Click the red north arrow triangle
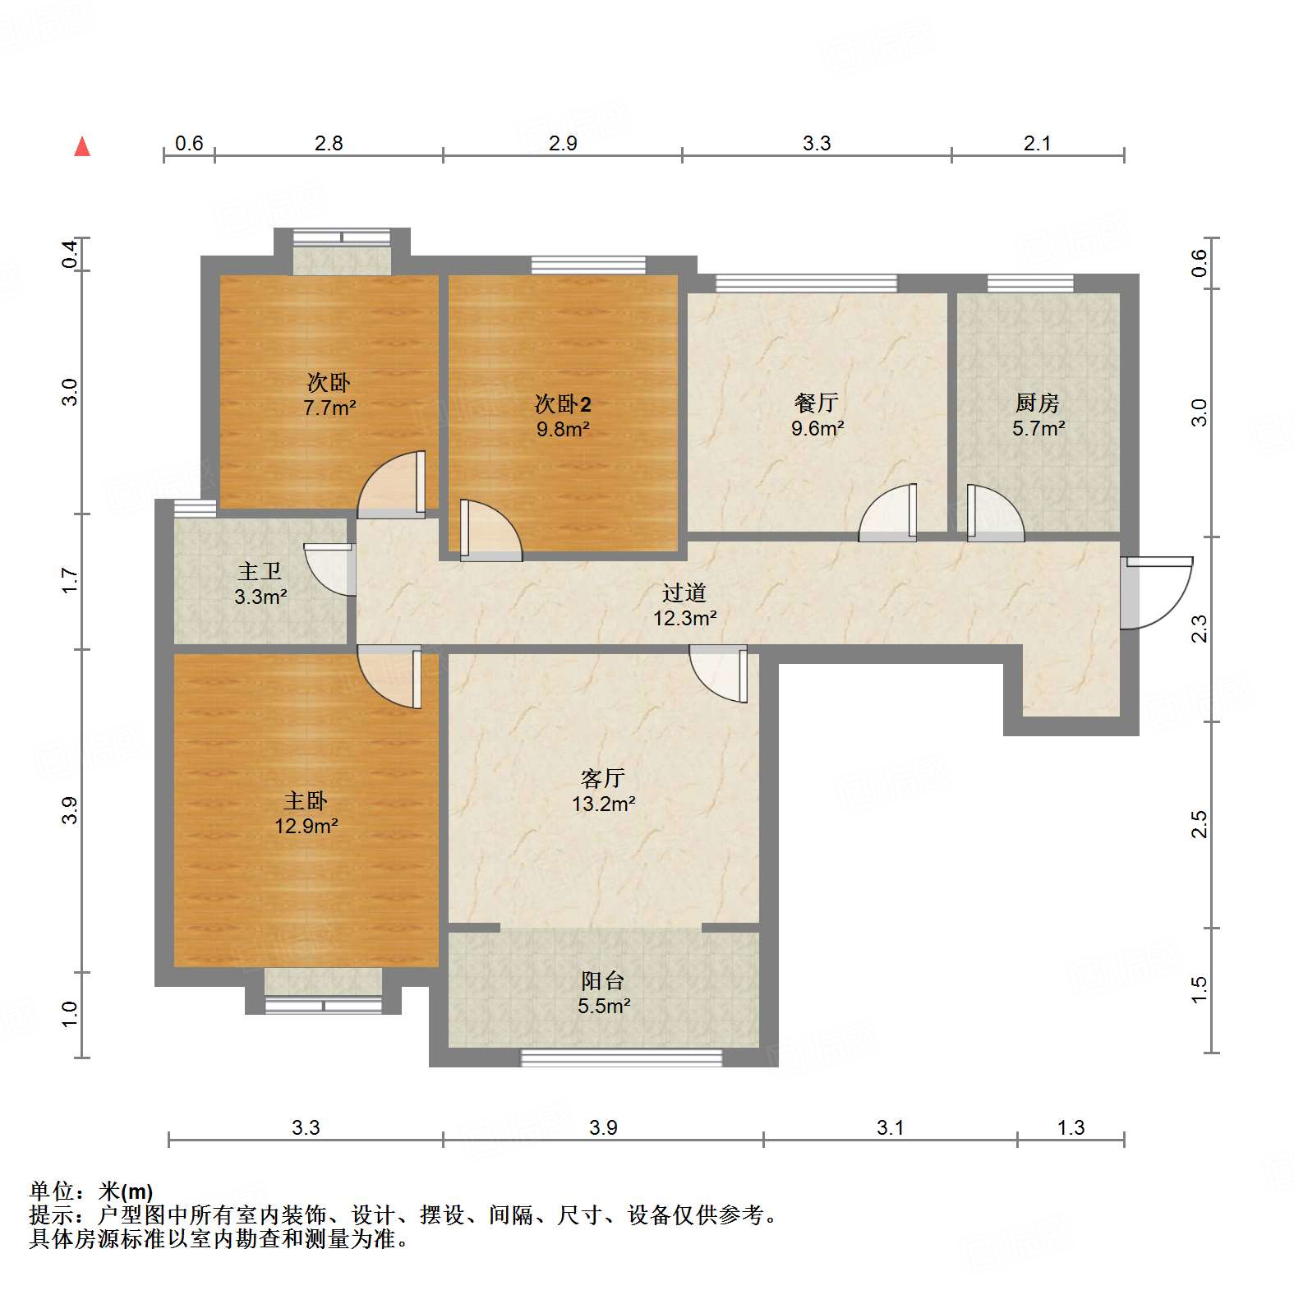(x=82, y=147)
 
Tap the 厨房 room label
(x=1037, y=403)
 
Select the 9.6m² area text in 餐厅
(x=817, y=428)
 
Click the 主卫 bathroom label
(x=260, y=571)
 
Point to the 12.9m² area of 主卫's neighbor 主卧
(x=306, y=826)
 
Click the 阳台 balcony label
(x=602, y=980)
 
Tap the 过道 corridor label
(x=684, y=592)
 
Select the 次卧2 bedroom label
(x=563, y=403)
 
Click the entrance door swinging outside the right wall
(x=1157, y=592)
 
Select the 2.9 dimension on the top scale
(x=563, y=143)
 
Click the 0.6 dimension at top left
(x=189, y=143)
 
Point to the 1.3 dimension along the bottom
(x=1071, y=1127)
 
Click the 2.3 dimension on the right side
(x=1200, y=629)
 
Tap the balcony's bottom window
(x=621, y=1058)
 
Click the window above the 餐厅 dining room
(x=806, y=283)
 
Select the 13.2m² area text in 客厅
(x=603, y=804)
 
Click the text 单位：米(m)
(x=91, y=1191)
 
